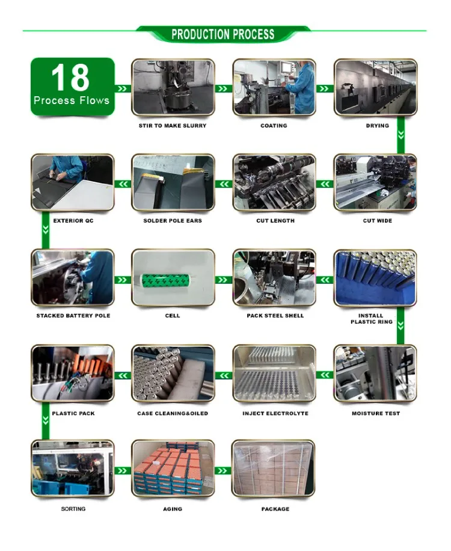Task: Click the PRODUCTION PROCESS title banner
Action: [x=223, y=34]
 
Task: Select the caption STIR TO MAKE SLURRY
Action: [x=173, y=126]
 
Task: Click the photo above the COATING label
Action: [x=274, y=87]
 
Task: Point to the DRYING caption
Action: [x=378, y=126]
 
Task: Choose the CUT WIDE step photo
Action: [x=375, y=182]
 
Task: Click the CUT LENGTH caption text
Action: [x=275, y=221]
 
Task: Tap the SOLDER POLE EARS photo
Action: [x=173, y=182]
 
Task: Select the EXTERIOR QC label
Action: [x=73, y=221]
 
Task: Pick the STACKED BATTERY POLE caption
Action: [x=73, y=316]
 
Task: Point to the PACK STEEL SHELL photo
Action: [x=274, y=277]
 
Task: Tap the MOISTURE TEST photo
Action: [x=375, y=374]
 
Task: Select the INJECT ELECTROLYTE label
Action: [x=275, y=413]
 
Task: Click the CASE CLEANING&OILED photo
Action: [x=173, y=374]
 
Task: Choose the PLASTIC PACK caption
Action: [x=73, y=413]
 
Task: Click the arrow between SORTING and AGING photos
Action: [x=123, y=470]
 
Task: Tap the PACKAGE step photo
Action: [x=274, y=469]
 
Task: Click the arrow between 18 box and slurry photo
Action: [x=123, y=88]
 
